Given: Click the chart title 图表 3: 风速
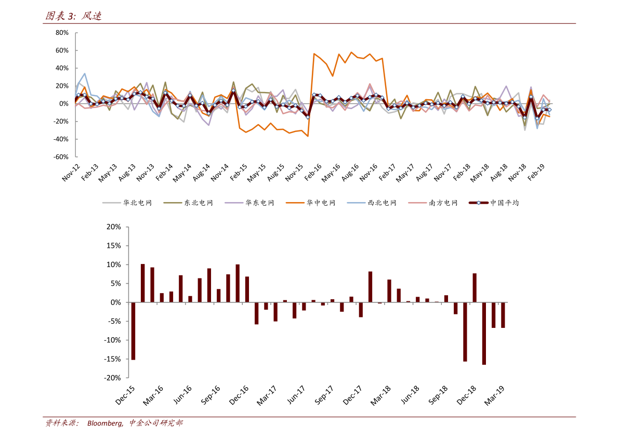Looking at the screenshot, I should pyautogui.click(x=73, y=16).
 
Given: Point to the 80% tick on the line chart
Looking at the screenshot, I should pyautogui.click(x=62, y=33).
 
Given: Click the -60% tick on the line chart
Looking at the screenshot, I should pyautogui.click(x=61, y=157).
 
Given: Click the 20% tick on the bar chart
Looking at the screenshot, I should pyautogui.click(x=113, y=227).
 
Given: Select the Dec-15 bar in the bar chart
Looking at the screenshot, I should pyautogui.click(x=133, y=330).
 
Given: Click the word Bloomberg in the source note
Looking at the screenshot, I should pyautogui.click(x=104, y=423).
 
